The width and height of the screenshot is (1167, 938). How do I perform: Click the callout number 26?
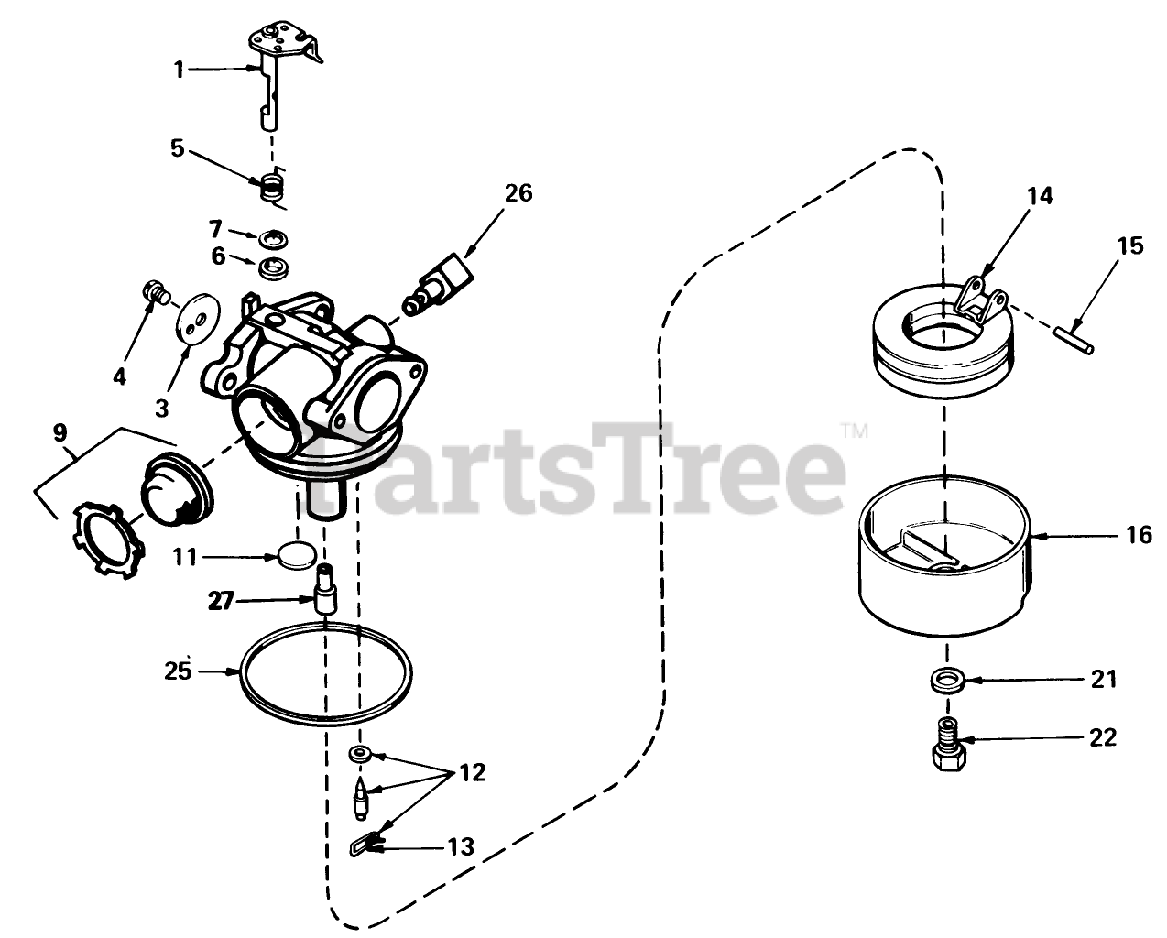point(518,193)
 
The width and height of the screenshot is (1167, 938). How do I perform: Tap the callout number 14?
point(1040,196)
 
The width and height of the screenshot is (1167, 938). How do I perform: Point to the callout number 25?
point(179,671)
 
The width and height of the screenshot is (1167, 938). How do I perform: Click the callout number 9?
point(60,432)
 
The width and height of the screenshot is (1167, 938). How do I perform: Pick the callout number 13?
point(461,846)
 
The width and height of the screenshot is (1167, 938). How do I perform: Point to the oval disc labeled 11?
point(296,555)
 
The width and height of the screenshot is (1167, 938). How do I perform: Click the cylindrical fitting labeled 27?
point(325,589)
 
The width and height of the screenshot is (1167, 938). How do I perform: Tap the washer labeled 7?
point(273,238)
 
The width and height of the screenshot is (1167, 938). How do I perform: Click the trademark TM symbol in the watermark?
point(856,431)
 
